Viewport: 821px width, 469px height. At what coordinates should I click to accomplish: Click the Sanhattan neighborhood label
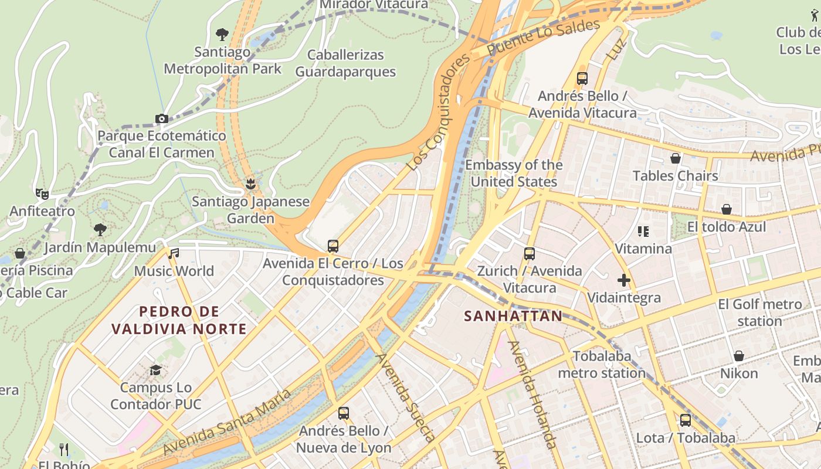513,316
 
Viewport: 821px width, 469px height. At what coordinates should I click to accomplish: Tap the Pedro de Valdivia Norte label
179,320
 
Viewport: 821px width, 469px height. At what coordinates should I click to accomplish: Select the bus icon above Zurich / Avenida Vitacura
529,254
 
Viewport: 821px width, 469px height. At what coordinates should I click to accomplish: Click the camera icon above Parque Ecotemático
162,118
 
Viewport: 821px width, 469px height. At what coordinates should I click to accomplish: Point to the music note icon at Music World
174,254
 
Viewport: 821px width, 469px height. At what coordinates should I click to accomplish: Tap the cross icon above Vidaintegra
624,280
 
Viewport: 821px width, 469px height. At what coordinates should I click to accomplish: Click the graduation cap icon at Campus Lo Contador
155,371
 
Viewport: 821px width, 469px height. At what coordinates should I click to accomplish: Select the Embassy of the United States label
514,173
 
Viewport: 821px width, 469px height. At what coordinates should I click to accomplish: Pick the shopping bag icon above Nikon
739,356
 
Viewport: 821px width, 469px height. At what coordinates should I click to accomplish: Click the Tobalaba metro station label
602,364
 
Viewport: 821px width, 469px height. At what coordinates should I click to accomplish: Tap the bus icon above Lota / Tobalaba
685,420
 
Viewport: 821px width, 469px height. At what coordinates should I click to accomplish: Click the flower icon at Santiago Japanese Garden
251,184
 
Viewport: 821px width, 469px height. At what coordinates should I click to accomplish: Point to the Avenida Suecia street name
406,397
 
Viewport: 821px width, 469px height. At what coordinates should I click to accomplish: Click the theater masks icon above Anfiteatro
42,193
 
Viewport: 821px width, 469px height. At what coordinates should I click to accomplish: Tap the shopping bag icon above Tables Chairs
676,158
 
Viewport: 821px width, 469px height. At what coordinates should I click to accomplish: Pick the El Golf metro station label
759,312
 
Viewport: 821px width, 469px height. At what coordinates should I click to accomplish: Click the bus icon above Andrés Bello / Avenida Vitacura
582,78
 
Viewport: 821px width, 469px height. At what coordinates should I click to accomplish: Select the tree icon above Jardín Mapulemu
100,229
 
